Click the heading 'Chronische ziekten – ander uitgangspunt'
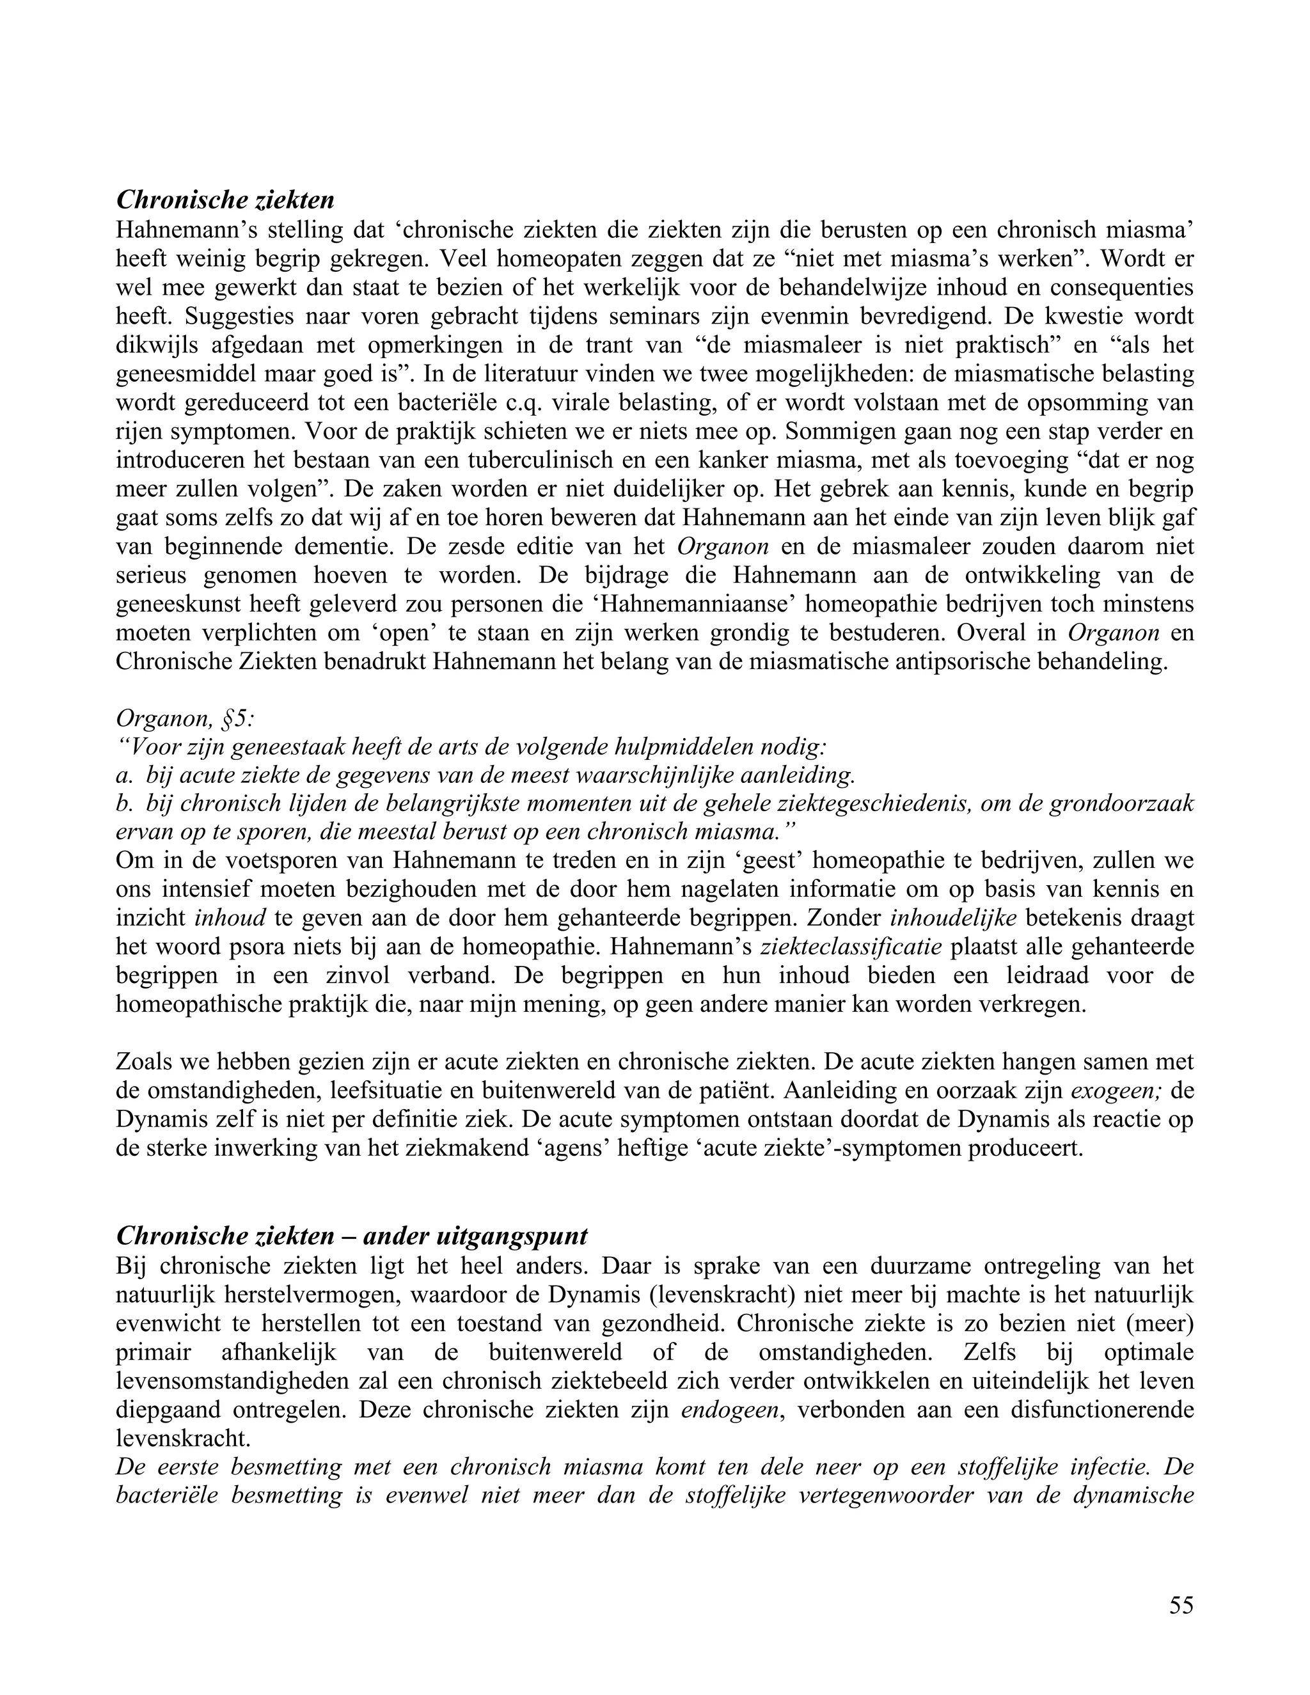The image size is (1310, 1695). pyautogui.click(x=352, y=1234)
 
